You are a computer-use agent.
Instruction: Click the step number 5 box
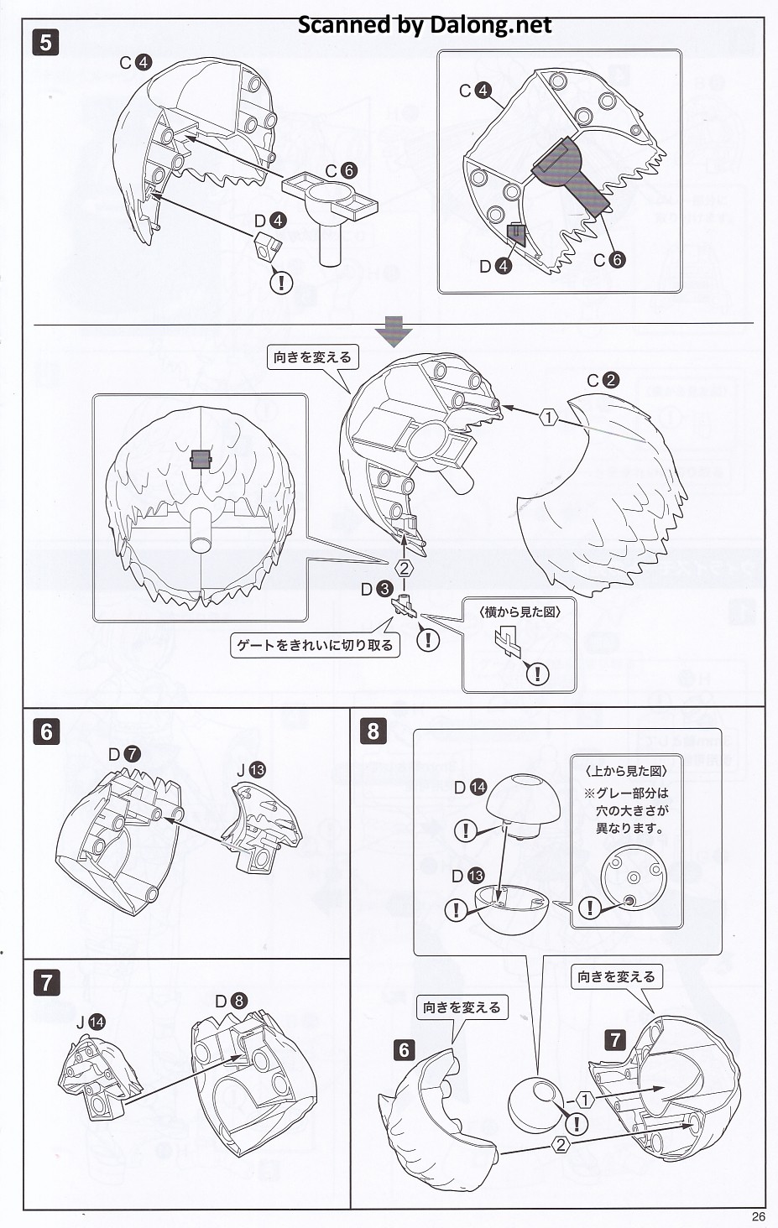(x=46, y=41)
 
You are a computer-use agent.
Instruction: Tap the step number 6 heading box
(x=46, y=731)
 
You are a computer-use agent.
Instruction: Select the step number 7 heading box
(x=46, y=981)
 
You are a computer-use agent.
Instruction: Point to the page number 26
(x=759, y=1217)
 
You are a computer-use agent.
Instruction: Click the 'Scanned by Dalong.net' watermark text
(x=425, y=25)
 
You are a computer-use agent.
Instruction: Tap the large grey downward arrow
(x=394, y=331)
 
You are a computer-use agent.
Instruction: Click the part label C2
(x=603, y=380)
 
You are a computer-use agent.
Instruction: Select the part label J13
(x=250, y=769)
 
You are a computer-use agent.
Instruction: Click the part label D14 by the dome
(x=470, y=788)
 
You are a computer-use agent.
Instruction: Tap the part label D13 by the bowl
(x=467, y=876)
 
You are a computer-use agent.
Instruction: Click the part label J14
(x=90, y=1022)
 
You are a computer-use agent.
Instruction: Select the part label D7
(x=123, y=754)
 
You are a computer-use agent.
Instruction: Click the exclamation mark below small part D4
(x=282, y=282)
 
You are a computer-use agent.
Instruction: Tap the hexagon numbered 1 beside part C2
(x=548, y=417)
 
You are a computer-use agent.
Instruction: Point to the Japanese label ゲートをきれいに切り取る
(x=315, y=645)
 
